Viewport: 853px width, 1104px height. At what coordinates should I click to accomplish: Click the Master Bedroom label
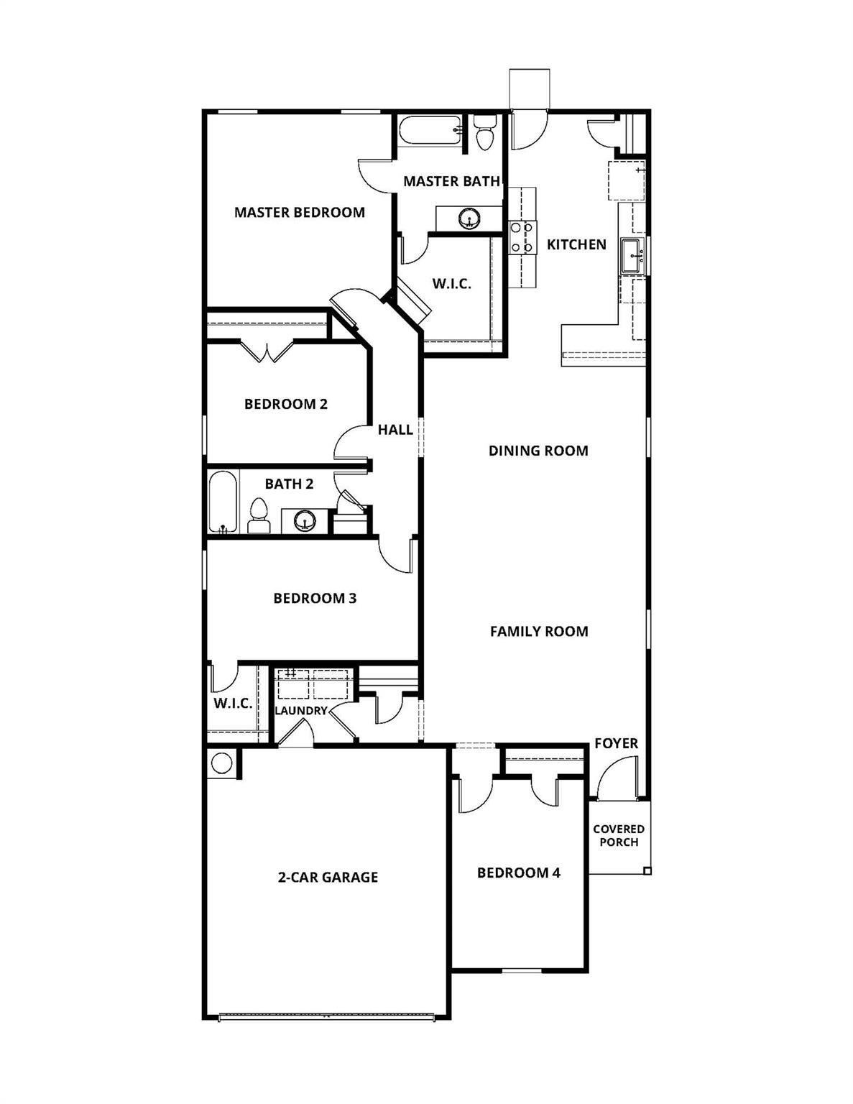[299, 212]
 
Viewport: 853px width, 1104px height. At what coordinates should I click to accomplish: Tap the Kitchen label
[576, 244]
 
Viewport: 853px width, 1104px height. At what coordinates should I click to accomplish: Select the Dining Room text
[538, 451]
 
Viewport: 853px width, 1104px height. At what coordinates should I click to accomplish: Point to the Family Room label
[539, 631]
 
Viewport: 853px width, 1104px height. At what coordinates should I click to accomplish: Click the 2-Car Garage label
[328, 877]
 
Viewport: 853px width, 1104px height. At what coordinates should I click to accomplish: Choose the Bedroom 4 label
[519, 873]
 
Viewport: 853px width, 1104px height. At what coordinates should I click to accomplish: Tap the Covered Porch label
[619, 835]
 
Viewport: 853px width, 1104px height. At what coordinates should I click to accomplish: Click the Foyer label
[616, 743]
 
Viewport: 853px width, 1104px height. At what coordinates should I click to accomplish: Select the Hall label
[395, 430]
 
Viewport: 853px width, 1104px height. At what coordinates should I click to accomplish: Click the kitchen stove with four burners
[522, 237]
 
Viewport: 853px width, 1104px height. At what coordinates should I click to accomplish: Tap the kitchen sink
[632, 256]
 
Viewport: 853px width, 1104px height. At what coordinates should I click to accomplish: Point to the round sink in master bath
[470, 217]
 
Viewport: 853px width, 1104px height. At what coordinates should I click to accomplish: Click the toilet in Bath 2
[258, 517]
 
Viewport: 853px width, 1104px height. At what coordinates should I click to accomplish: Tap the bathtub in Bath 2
[221, 502]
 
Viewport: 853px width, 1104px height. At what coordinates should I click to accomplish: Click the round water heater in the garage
[221, 763]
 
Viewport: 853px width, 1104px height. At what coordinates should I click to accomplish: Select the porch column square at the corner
[647, 870]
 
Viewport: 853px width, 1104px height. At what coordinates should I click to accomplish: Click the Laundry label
[300, 711]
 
